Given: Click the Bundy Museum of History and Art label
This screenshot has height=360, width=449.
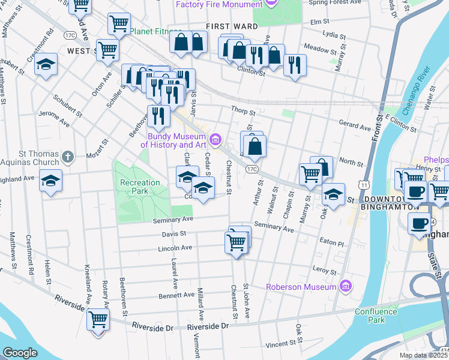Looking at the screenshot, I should click(x=173, y=140).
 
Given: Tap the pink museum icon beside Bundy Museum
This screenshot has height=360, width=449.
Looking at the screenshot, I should click(x=215, y=140).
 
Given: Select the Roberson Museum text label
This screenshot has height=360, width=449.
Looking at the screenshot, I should click(x=301, y=287).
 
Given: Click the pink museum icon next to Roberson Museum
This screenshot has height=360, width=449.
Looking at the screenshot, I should click(x=345, y=286).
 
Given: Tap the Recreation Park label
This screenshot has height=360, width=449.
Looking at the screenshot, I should click(x=140, y=187).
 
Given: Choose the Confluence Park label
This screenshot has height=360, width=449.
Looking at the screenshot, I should click(x=376, y=316).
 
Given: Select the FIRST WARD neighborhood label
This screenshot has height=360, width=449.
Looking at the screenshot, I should click(x=232, y=27).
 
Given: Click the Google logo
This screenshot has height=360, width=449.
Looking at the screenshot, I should click(x=19, y=353).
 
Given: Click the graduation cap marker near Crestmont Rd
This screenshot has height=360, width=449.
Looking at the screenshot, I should click(x=46, y=64).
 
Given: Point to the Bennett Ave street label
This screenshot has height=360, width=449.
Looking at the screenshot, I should click(x=175, y=296).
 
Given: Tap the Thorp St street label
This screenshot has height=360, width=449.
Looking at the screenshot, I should click(x=243, y=112).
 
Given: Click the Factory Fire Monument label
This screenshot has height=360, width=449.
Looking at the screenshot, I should click(x=220, y=5).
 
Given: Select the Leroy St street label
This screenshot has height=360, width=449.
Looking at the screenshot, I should click(x=326, y=269).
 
